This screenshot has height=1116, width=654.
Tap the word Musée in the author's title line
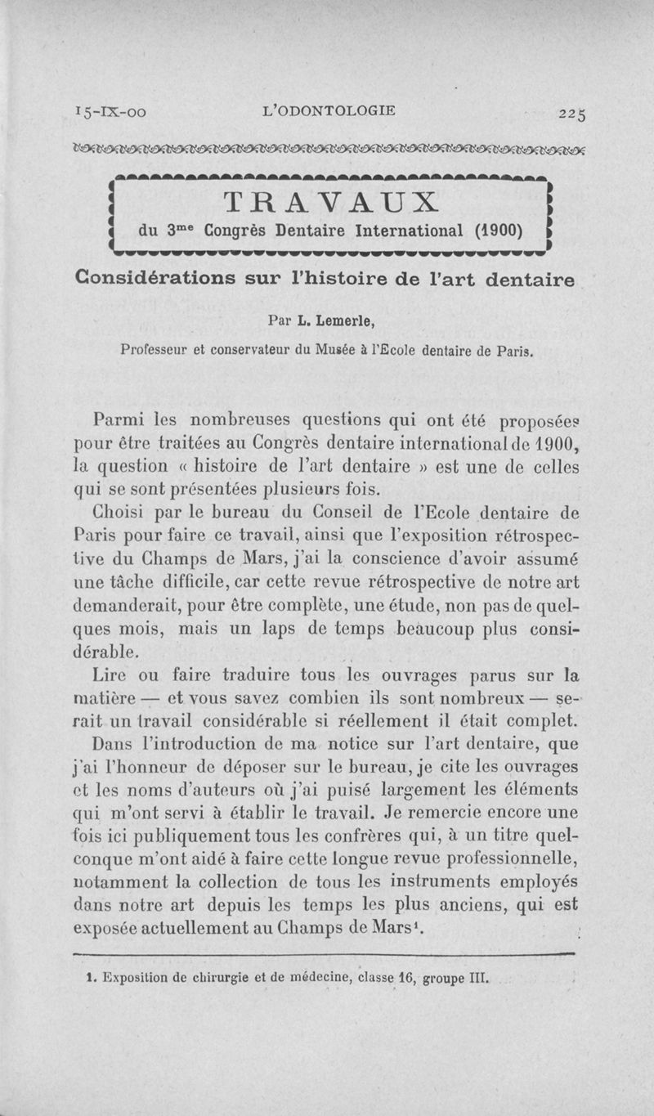tap(345, 352)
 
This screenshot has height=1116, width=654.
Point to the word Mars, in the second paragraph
tap(307, 560)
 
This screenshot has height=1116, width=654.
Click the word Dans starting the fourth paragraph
tap(113, 744)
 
